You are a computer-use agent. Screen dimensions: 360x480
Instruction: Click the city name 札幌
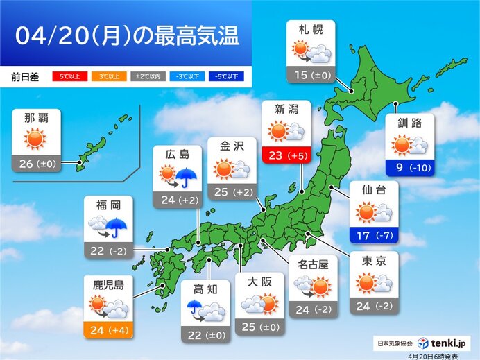coord(310,31)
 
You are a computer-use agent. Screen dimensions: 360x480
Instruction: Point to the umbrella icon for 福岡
coord(117,225)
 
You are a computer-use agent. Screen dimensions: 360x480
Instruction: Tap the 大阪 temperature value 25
coord(248,326)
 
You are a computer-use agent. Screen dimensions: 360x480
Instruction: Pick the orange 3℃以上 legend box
coord(104,76)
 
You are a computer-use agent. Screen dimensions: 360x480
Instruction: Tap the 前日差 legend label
coord(26,76)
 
